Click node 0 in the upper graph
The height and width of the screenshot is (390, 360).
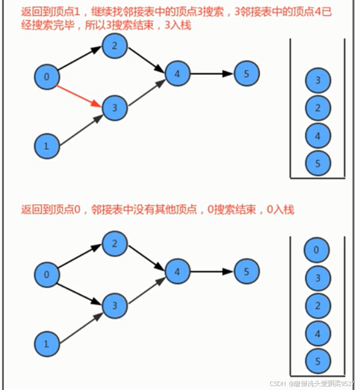[x=47, y=77]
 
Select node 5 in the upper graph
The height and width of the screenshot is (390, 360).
[x=246, y=73]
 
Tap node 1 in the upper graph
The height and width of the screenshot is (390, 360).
[x=47, y=146]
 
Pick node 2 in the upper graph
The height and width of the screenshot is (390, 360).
[x=115, y=46]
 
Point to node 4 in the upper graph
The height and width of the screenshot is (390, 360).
[x=177, y=73]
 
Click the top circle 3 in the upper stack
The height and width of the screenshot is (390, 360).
[x=318, y=81]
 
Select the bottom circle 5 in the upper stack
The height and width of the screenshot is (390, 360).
[x=318, y=163]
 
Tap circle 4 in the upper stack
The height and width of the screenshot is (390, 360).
[x=318, y=136]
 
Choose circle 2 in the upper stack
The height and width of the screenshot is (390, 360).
[x=318, y=108]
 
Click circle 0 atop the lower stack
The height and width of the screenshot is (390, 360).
[x=316, y=250]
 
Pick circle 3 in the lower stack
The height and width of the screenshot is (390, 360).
[x=316, y=278]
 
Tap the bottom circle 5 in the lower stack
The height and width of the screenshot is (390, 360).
[x=316, y=361]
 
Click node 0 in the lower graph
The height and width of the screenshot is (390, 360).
[x=47, y=275]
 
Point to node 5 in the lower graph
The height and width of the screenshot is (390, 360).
[x=246, y=272]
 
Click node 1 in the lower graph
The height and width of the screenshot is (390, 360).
[x=47, y=343]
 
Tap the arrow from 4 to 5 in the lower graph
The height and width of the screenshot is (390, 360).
[x=212, y=272]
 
